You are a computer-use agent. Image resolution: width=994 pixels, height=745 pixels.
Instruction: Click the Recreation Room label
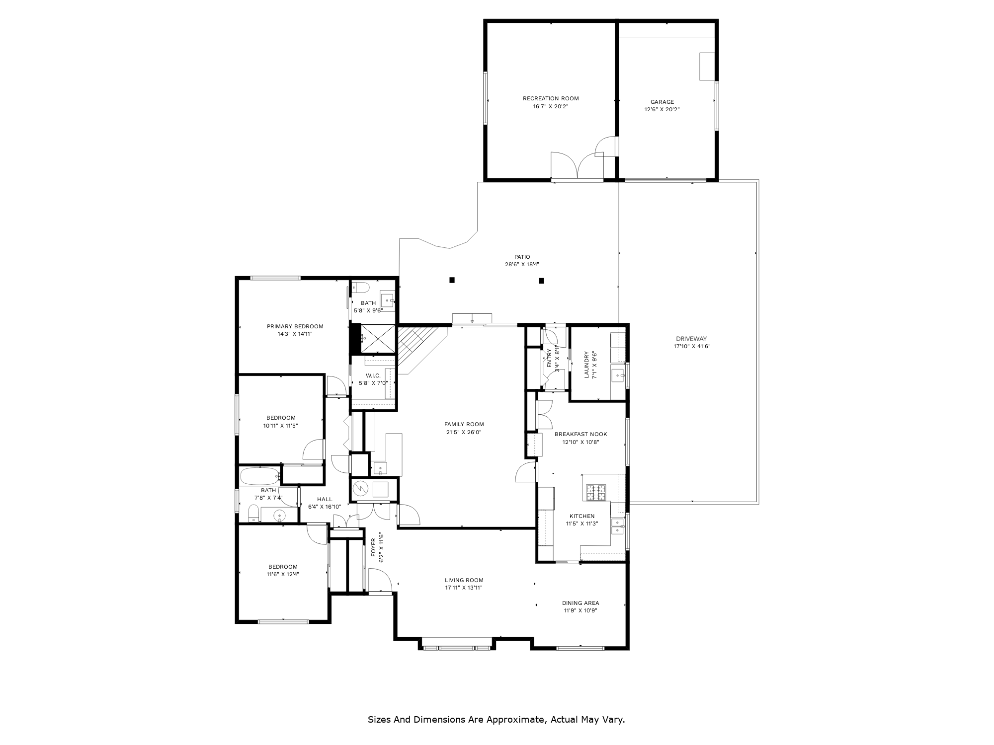point(551,98)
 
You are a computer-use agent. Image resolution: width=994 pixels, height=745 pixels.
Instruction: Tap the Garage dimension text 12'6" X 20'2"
point(662,109)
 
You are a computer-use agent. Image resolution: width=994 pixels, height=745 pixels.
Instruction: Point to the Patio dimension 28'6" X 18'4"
point(522,265)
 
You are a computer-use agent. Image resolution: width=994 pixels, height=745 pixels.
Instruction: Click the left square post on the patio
point(452,280)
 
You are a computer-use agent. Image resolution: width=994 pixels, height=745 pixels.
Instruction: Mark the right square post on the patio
point(541,281)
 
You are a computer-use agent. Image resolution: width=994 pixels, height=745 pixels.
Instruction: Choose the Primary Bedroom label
point(295,326)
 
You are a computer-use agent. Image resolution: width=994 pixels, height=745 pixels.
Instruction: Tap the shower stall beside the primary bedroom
point(378,339)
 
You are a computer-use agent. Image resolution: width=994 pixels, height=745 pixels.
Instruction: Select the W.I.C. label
point(373,375)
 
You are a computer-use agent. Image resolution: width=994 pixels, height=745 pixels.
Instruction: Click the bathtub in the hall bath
point(260,476)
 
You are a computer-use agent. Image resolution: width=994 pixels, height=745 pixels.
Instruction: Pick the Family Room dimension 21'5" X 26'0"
point(464,432)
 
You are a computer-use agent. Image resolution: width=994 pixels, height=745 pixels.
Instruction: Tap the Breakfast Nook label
point(581,434)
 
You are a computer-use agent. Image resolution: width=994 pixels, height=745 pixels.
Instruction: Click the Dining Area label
point(580,603)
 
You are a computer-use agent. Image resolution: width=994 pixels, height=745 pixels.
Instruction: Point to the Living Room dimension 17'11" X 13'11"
point(464,588)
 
